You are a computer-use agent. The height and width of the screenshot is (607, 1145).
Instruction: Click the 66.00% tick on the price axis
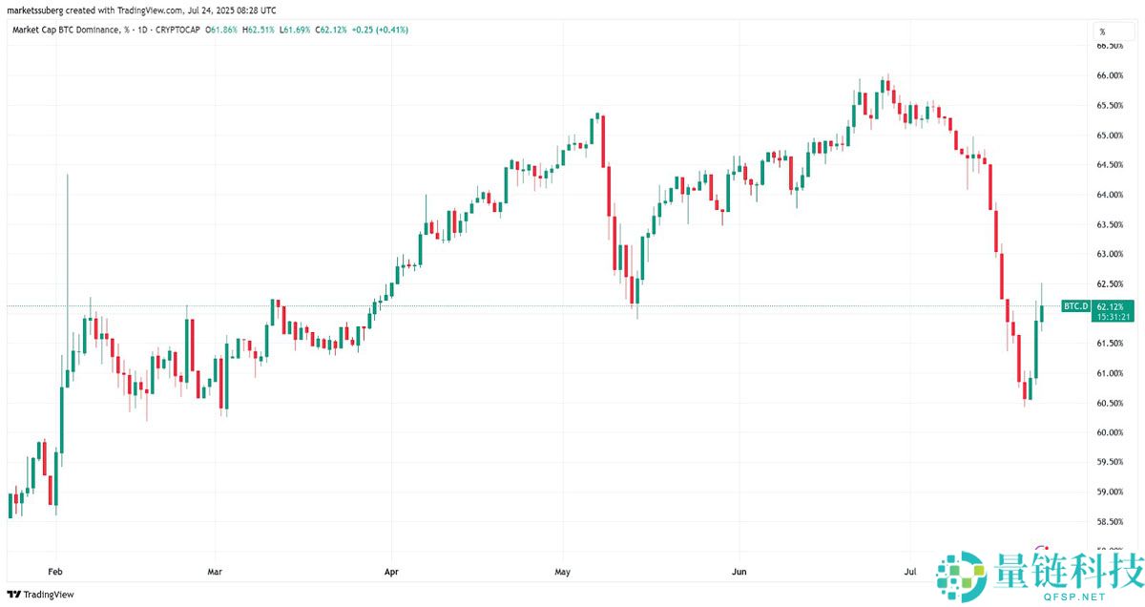(x=1109, y=76)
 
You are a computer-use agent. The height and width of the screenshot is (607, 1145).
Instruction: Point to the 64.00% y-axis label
(x=1109, y=195)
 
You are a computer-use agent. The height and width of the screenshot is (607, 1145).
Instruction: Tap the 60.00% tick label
(x=1109, y=432)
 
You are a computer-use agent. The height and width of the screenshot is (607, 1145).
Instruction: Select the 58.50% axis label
(x=1109, y=522)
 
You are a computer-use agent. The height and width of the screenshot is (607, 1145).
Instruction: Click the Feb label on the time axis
(x=55, y=572)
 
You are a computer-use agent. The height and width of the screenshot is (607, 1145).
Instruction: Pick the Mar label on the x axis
(x=215, y=572)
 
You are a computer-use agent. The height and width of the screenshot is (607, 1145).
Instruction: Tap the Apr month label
(x=390, y=572)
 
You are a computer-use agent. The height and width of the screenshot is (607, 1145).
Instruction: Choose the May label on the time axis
(x=562, y=572)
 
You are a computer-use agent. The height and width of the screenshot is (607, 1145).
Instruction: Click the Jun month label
(x=739, y=572)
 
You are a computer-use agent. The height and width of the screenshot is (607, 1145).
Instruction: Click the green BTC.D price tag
(x=1075, y=305)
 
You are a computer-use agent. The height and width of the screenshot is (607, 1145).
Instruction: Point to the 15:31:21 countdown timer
(x=1114, y=317)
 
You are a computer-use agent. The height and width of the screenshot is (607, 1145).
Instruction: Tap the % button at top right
(x=1102, y=32)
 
